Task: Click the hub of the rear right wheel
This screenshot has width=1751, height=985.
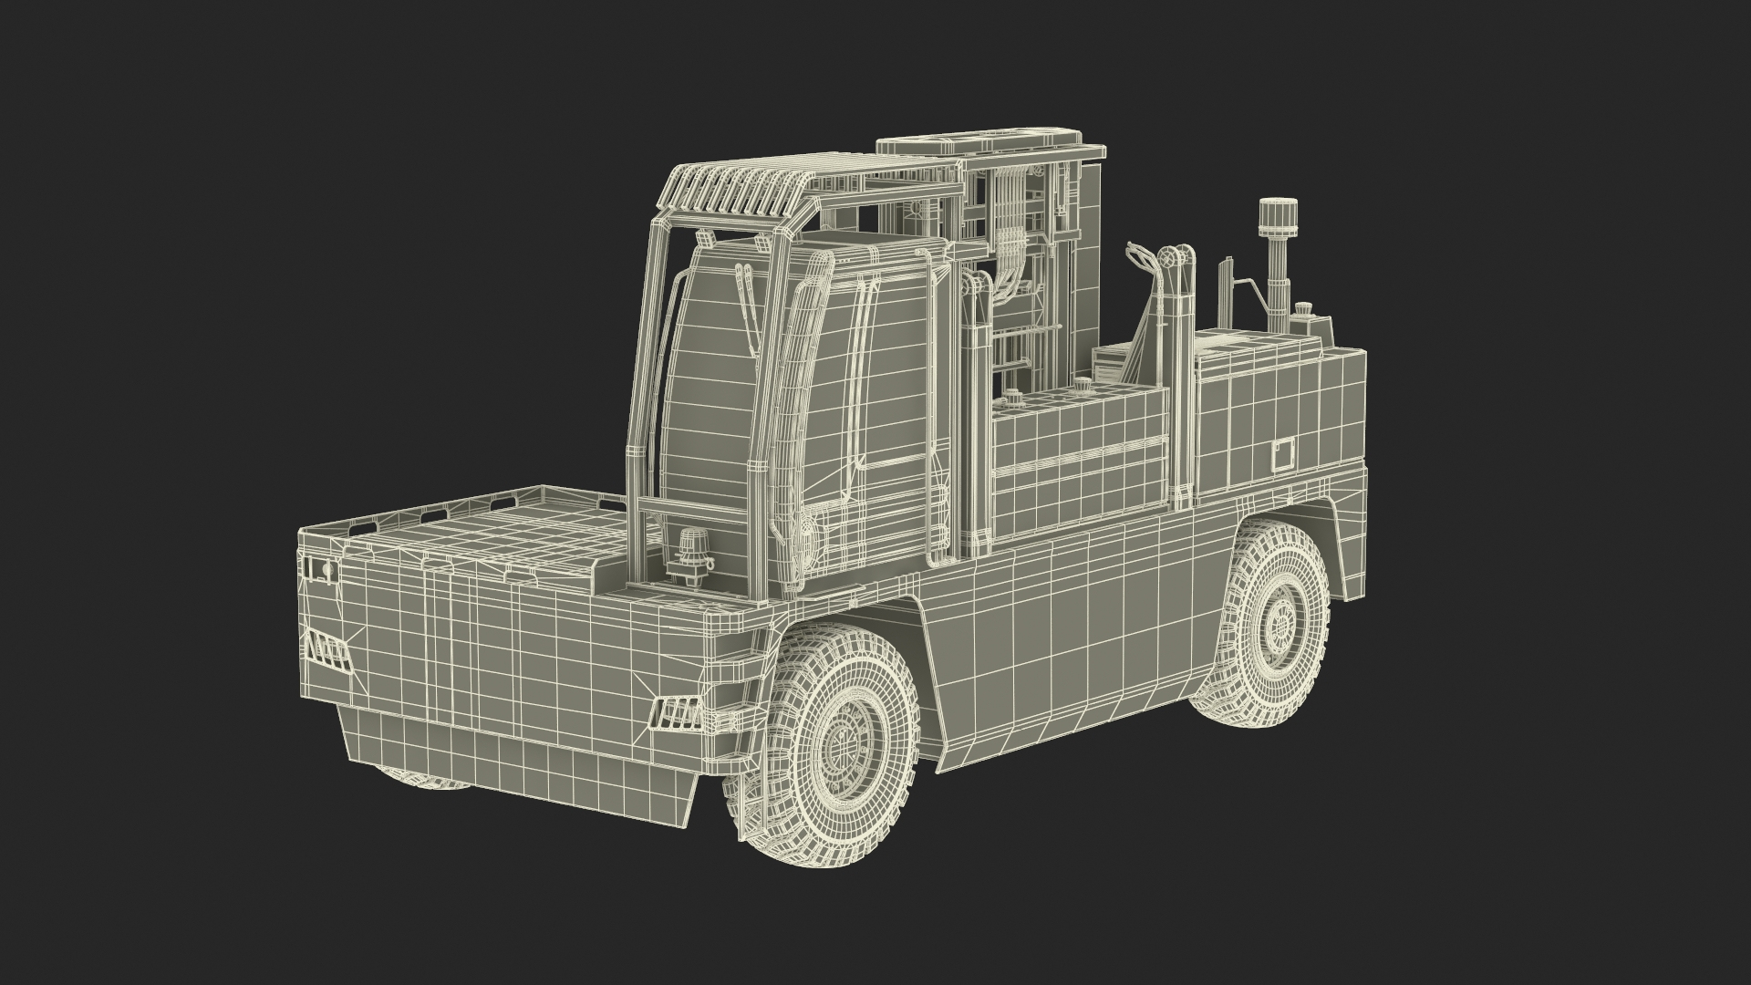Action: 1276,622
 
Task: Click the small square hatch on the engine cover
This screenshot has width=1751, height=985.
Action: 1284,453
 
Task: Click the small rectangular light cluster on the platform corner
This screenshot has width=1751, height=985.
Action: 319,571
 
